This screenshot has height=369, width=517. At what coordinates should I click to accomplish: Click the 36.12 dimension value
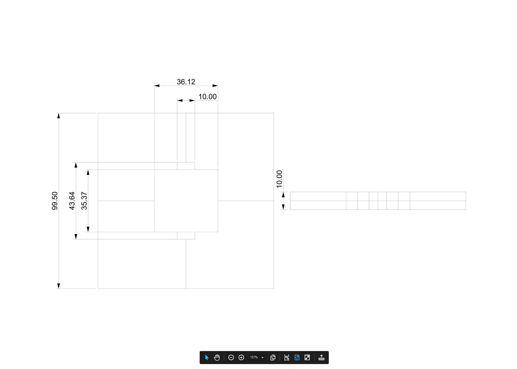[186, 82]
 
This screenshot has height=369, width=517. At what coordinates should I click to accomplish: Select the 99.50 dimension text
[55, 201]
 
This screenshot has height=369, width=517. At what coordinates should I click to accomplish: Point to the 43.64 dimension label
[72, 201]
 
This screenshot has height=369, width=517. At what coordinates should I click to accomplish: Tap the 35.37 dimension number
[84, 201]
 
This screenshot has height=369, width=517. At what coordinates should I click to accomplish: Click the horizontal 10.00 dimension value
[207, 97]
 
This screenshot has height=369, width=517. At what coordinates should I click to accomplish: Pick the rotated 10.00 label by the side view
[279, 179]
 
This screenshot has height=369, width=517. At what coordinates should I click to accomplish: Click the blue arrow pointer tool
[207, 357]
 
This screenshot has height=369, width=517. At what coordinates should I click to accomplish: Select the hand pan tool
[217, 357]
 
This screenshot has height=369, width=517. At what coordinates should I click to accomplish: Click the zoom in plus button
[241, 357]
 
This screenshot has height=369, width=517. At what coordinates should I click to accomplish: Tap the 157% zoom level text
[254, 357]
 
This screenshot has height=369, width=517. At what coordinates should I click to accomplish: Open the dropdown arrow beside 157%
[262, 358]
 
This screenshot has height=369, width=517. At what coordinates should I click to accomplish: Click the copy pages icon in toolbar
[273, 357]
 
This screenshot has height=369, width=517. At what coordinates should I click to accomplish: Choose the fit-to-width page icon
[287, 357]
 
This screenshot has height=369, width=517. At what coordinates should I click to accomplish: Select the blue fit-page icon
[297, 357]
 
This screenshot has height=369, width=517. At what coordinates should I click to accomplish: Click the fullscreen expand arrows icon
[307, 357]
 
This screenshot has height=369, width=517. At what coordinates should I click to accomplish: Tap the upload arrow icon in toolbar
[321, 357]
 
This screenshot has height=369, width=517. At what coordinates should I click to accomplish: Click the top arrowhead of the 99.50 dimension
[59, 116]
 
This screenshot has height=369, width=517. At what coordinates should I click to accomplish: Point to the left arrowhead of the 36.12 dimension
[157, 86]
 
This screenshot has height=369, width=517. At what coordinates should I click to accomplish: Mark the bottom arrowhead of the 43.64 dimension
[76, 237]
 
